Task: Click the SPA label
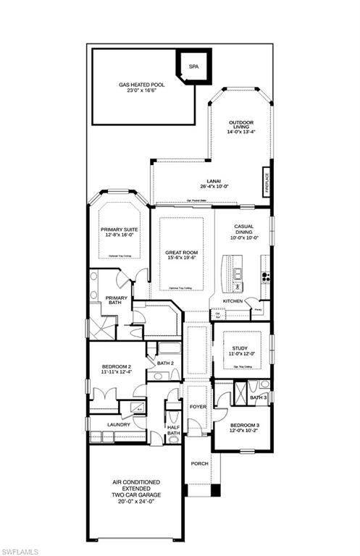click(x=193, y=67)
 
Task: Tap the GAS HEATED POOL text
click(x=142, y=85)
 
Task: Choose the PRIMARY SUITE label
click(x=119, y=229)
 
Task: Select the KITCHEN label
click(x=232, y=300)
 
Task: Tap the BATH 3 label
click(x=258, y=397)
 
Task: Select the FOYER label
click(x=198, y=407)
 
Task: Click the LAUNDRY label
click(x=118, y=424)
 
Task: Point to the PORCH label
click(x=198, y=463)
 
